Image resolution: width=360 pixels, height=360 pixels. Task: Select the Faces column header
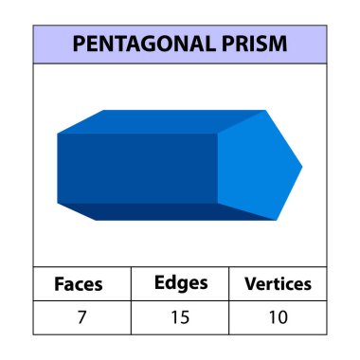point(79,283)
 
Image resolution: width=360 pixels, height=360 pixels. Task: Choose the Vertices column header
point(279,283)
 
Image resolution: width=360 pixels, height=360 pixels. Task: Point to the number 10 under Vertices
point(279,316)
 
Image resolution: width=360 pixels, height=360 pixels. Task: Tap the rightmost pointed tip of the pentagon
point(302,168)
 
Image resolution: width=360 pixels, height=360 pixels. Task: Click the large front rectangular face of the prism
point(137,168)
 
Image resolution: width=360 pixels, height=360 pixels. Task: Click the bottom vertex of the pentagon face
point(269,220)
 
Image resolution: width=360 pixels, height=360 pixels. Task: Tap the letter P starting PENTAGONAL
point(79,45)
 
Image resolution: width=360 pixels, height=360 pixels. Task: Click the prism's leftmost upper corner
point(58,134)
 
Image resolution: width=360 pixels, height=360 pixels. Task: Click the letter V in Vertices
point(250,283)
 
